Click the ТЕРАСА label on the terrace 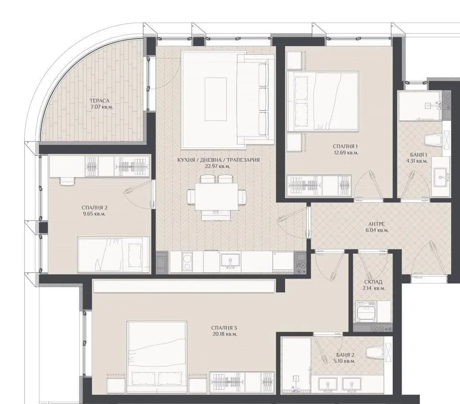click(x=99, y=101)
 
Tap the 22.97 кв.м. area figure click(x=217, y=166)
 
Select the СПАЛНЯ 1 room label click(x=345, y=146)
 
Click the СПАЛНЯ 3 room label click(x=224, y=328)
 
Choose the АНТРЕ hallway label click(x=376, y=224)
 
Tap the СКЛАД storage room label click(x=373, y=282)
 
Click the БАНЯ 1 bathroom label click(x=419, y=155)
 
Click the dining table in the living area click(x=217, y=196)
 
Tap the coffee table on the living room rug click(x=216, y=99)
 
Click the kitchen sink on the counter click(x=230, y=262)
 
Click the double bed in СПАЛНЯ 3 click(x=157, y=357)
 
